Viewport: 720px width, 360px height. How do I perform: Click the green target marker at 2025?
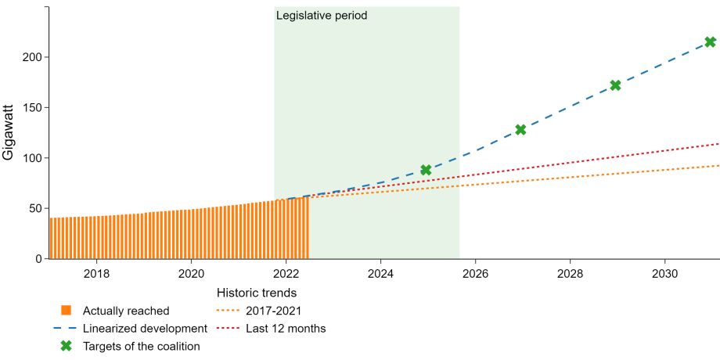point(426,170)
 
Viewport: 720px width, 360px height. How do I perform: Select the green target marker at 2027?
point(520,129)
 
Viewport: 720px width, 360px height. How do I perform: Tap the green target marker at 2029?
point(615,85)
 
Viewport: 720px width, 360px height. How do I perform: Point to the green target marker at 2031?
point(710,41)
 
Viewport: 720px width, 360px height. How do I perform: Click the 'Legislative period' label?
point(322,16)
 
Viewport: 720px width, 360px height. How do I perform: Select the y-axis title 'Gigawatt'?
point(9,133)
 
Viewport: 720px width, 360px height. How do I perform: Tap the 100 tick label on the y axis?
point(33,158)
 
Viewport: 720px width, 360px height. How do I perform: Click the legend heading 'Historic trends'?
point(256,293)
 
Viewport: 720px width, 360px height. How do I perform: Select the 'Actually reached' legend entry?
point(115,311)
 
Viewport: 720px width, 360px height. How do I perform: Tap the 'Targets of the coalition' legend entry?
point(131,346)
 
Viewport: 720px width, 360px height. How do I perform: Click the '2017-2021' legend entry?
point(259,311)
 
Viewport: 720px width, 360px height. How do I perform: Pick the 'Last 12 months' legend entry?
point(272,329)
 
